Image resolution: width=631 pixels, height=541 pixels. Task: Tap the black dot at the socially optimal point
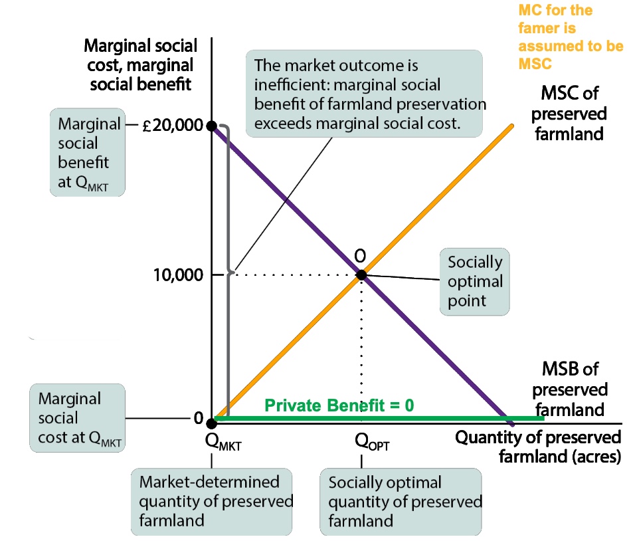coord(361,274)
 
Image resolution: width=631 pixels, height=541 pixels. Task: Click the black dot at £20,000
coord(211,126)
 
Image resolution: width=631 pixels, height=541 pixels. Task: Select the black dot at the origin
coord(211,422)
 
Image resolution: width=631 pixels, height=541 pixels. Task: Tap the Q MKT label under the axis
coord(224,441)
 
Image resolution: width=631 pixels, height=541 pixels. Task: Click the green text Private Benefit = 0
coord(339,405)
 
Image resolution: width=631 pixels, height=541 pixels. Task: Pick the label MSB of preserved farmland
coord(570,389)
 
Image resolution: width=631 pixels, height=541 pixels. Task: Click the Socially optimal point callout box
coord(475,280)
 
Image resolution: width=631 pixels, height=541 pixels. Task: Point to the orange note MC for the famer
coord(570,37)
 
